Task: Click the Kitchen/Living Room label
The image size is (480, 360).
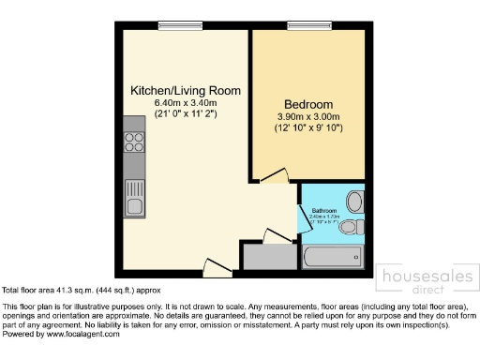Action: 186,90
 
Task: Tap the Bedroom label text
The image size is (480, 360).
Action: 309,103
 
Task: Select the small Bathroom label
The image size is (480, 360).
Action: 324,211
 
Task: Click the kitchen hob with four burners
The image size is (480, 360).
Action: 134,142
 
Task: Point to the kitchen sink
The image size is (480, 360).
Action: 134,202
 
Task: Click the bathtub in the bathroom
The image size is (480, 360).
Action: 334,256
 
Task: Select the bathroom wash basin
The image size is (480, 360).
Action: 354,201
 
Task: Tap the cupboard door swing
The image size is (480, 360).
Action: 278,235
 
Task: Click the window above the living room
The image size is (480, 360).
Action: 172,25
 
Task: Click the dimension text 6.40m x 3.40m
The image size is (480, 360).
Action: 186,102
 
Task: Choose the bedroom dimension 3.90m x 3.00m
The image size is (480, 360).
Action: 309,115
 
